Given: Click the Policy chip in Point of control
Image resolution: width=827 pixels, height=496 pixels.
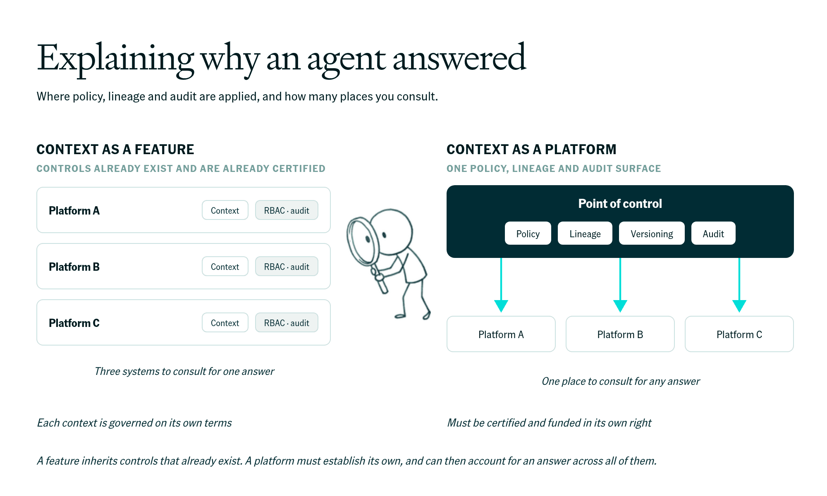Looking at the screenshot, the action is tap(528, 233).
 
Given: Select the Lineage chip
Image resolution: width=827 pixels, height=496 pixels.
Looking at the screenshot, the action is tap(585, 233).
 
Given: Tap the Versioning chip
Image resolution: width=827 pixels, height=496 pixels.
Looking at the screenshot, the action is tap(652, 233).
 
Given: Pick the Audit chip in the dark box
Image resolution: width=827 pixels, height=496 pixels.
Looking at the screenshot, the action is tap(713, 233).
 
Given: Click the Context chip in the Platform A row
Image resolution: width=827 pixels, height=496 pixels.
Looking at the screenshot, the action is tap(225, 210).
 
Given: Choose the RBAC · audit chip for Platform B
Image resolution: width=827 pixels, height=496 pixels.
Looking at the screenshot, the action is tap(287, 266).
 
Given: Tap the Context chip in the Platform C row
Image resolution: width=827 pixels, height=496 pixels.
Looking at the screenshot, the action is tap(225, 322).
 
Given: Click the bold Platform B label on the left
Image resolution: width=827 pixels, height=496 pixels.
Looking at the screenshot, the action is tap(74, 267).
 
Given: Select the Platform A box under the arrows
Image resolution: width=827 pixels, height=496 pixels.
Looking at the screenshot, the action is tap(501, 334).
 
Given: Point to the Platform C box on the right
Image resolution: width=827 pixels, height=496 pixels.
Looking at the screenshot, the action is tap(739, 334).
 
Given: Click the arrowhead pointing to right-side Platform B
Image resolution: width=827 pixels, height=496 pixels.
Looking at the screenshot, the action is tap(620, 306).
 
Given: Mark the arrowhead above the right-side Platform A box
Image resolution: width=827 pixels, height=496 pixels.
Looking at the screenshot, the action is tap(501, 306).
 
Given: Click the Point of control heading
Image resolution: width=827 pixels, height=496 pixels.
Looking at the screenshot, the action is tap(620, 203).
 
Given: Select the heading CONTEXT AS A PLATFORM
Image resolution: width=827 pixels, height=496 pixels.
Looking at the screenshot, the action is tap(531, 149).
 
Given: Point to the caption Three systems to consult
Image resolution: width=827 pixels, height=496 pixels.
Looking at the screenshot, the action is tap(184, 371).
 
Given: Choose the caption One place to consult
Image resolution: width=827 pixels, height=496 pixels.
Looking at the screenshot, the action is tap(621, 381).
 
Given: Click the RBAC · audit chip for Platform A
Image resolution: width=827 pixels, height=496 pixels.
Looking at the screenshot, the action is tap(287, 210).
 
